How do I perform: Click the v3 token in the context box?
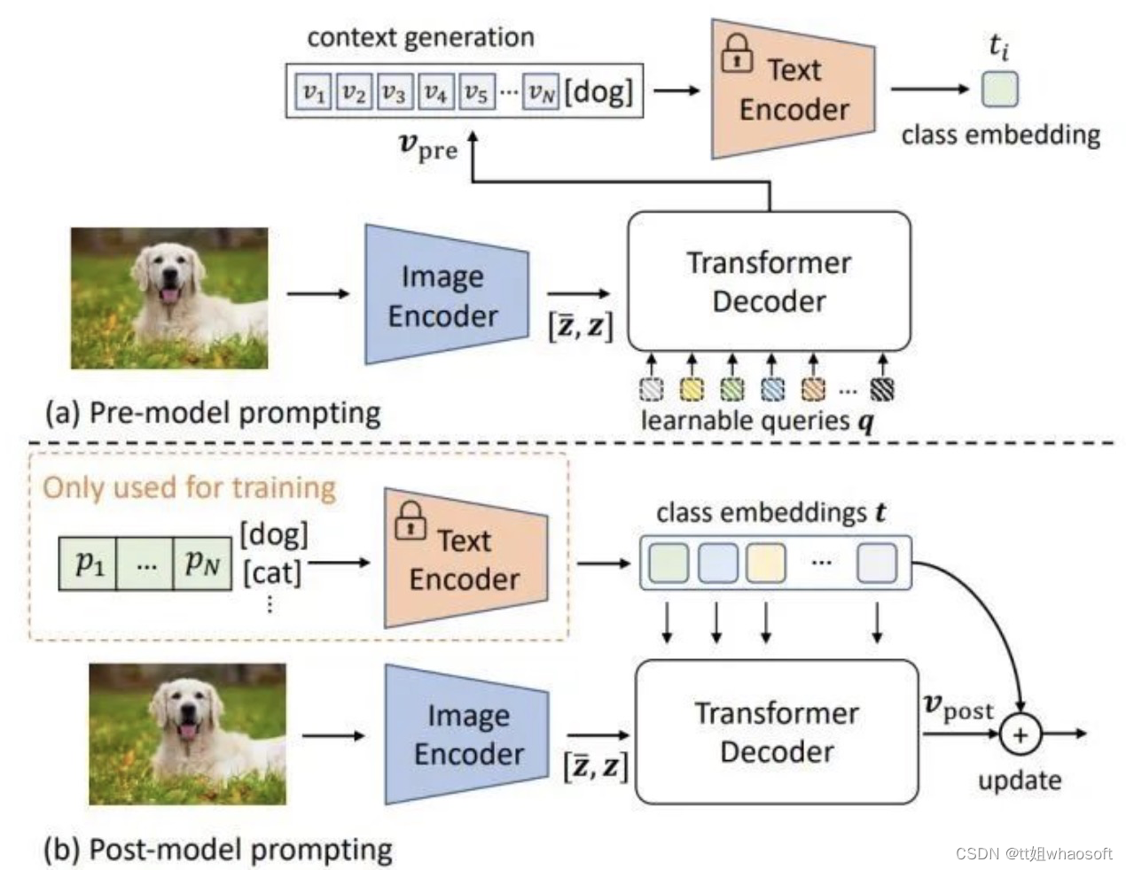tap(394, 91)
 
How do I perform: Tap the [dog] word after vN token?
tap(599, 90)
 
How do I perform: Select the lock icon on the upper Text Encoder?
tap(736, 54)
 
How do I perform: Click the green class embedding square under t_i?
tap(999, 89)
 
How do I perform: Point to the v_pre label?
tap(427, 147)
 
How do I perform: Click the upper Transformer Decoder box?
tap(769, 281)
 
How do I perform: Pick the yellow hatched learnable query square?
tap(692, 389)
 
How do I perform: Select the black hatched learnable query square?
tap(882, 389)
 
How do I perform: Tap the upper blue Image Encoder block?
tap(443, 295)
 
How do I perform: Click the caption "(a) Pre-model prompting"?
tap(213, 413)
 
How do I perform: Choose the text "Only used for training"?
tap(189, 487)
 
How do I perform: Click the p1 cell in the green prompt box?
tap(89, 563)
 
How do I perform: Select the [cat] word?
tap(272, 572)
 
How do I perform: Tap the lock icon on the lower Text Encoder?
tap(411, 522)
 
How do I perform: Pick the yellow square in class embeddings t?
tap(766, 563)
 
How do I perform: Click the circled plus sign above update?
tap(1020, 734)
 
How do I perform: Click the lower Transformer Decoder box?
tap(777, 732)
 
